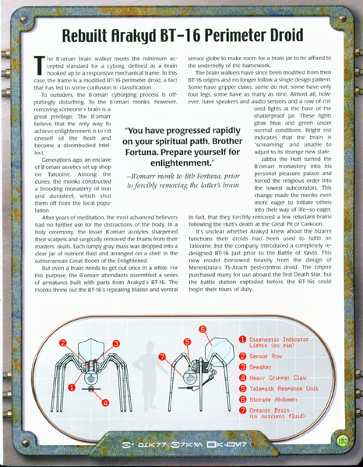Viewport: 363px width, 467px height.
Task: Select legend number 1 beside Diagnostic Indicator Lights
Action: [242, 340]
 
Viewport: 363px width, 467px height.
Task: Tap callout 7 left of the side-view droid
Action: [162, 356]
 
